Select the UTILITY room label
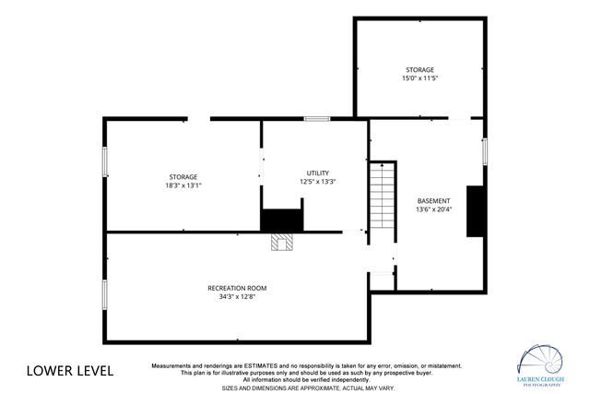318,173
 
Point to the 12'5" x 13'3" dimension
318,182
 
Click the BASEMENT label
433,200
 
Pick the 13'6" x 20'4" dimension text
433,209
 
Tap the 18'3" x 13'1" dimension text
183,185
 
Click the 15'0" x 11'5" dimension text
419,78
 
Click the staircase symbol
382,197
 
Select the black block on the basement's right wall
476,211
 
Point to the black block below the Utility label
281,221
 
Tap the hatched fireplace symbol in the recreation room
281,242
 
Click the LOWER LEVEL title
70,371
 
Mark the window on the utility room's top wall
318,118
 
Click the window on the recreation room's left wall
105,295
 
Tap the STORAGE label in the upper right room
419,69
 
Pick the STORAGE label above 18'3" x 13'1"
183,176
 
